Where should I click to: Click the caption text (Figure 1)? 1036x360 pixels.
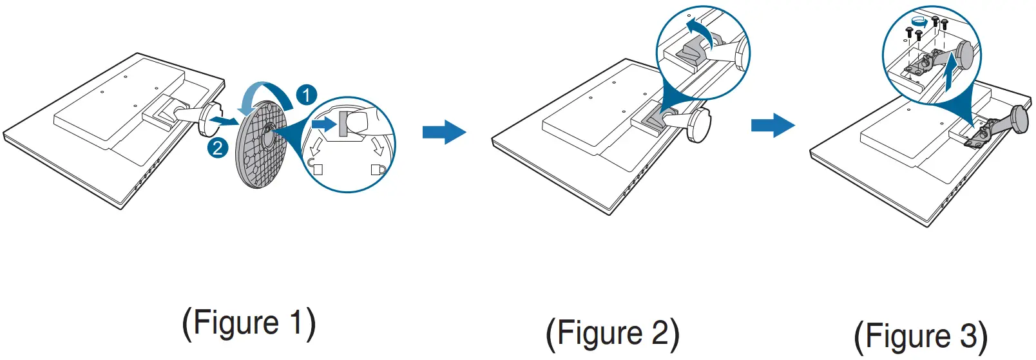coord(249,323)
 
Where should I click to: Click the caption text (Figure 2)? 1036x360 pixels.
coord(612,334)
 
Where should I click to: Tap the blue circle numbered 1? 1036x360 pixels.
coord(307,95)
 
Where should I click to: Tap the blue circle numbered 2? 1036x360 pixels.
coord(218,149)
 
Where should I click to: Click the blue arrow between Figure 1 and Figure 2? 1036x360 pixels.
coord(444,132)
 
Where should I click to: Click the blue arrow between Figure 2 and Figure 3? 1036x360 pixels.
coord(772,125)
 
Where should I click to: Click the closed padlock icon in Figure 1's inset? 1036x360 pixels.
coord(378,169)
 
